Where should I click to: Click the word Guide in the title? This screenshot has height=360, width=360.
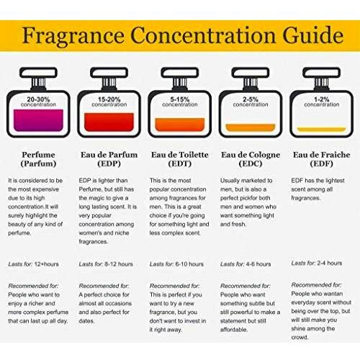pyautogui.click(x=313, y=35)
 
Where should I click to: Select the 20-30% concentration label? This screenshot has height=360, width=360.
pyautogui.click(x=38, y=102)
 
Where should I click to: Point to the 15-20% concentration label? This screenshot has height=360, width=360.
pyautogui.click(x=109, y=102)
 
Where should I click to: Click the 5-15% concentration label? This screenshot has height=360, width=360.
pyautogui.click(x=180, y=102)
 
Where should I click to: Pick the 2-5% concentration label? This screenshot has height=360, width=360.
pyautogui.click(x=251, y=102)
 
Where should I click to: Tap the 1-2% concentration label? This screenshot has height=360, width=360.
pyautogui.click(x=322, y=102)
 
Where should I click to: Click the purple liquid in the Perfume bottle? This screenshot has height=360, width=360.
pyautogui.click(x=38, y=120)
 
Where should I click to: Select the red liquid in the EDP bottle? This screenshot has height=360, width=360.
pyautogui.click(x=109, y=122)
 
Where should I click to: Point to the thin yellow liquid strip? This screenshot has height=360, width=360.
pyautogui.click(x=321, y=130)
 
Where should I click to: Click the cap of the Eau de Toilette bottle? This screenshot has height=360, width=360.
pyautogui.click(x=180, y=73)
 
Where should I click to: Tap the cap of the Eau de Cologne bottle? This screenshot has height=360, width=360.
pyautogui.click(x=251, y=73)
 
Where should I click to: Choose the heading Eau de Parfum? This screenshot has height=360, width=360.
pyautogui.click(x=109, y=155)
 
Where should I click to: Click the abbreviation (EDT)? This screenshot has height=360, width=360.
pyautogui.click(x=180, y=163)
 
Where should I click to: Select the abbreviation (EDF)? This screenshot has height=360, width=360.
pyautogui.click(x=322, y=163)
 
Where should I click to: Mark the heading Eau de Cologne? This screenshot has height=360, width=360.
pyautogui.click(x=251, y=155)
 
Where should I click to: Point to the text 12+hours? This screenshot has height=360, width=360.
pyautogui.click(x=47, y=264)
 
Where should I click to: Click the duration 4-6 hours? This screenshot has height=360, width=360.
pyautogui.click(x=258, y=264)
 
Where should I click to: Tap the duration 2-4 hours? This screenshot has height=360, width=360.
pyautogui.click(x=330, y=263)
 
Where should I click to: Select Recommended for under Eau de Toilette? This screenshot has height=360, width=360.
pyautogui.click(x=174, y=286)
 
